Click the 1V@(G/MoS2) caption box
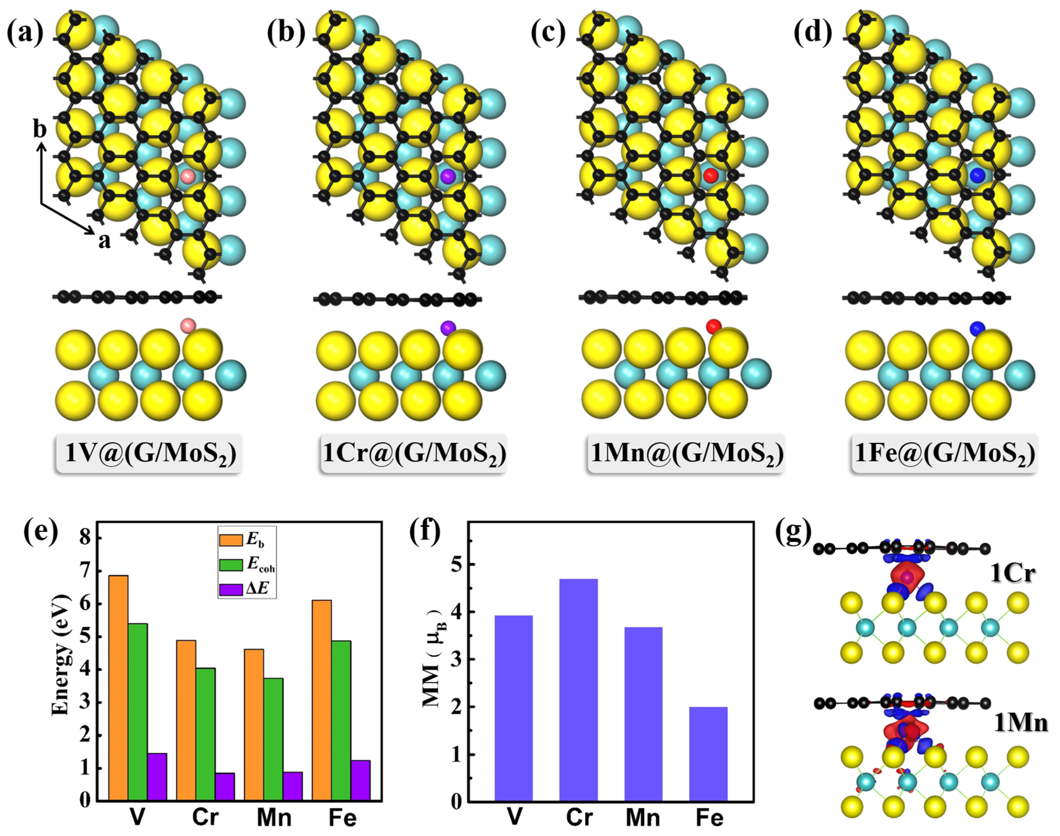150,453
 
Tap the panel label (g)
793,531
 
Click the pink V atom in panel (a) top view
188,176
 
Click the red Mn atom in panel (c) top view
710,175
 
